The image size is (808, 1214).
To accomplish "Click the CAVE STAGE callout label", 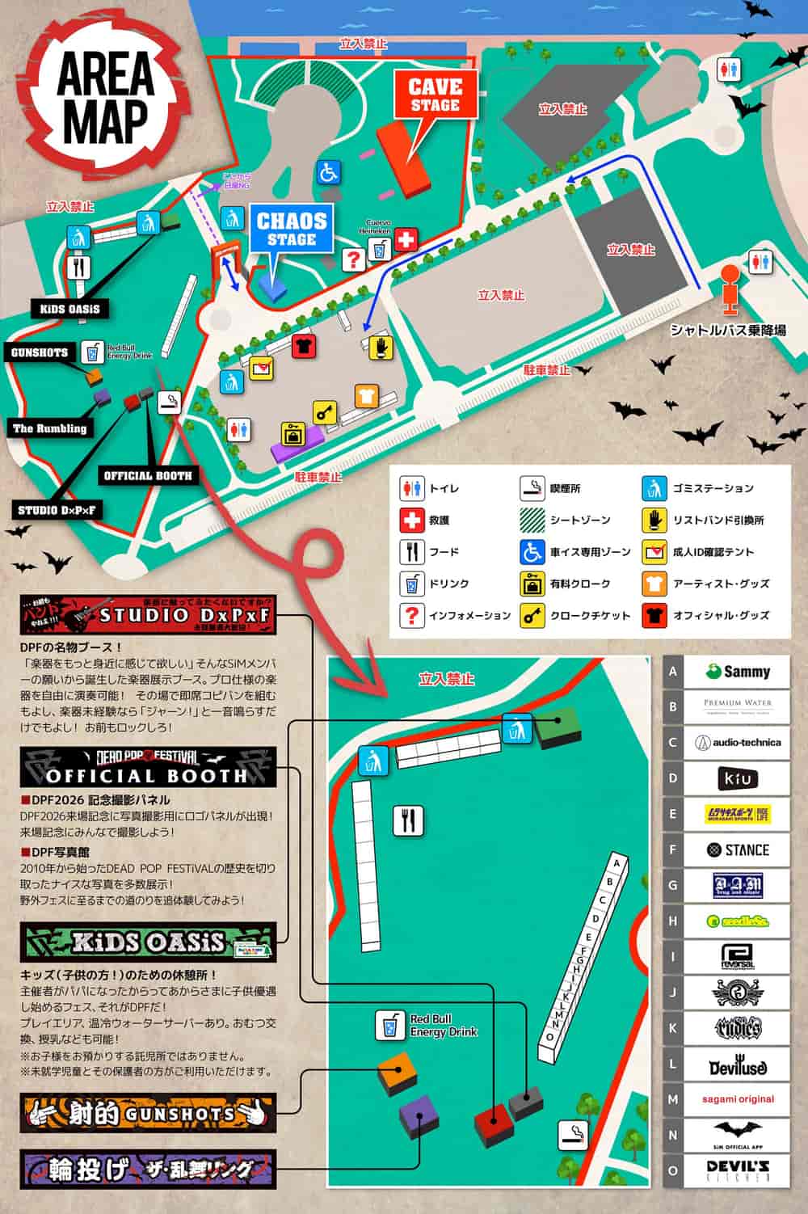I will coord(435,95).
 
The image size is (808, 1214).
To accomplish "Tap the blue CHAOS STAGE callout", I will coord(291,228).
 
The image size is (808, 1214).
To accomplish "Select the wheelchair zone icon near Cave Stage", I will coord(327,172).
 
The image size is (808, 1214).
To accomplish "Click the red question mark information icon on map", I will coord(353,259).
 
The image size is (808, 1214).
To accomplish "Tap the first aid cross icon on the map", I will coord(407,239).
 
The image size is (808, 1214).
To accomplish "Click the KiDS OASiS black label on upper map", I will coord(70,310).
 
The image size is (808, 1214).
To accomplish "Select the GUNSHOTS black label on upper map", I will coord(40,352).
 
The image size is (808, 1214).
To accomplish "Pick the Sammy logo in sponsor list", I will coord(737,672).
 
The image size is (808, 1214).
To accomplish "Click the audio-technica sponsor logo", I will coord(737,742).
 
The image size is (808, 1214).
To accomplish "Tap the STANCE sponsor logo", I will coord(737,849).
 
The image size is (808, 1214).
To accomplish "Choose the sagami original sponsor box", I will coord(737,1099).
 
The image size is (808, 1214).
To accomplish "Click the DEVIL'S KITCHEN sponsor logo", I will coord(737,1170).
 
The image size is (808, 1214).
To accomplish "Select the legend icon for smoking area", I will coord(532,488).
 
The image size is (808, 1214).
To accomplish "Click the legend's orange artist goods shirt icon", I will coord(654,584).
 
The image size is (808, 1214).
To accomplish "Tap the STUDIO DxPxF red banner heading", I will coord(149,616).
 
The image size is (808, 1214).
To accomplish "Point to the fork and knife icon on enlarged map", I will coord(408,820).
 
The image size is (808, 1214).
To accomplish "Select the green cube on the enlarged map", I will coord(558,726).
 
